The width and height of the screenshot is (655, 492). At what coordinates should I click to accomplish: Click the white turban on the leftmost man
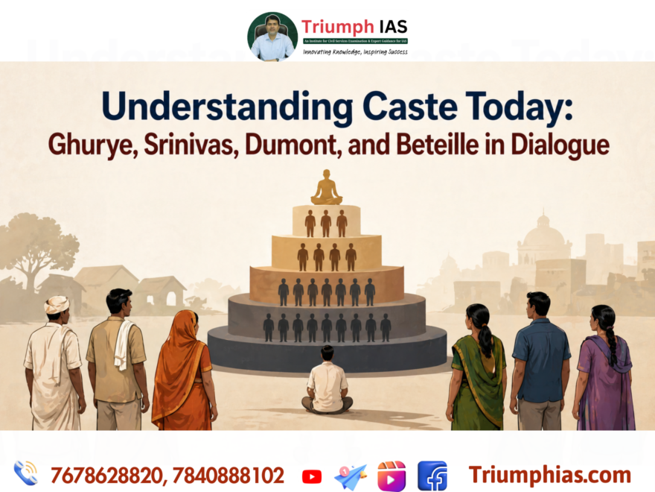(x=57, y=304)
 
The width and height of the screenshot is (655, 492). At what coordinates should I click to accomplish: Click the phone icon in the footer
(x=25, y=473)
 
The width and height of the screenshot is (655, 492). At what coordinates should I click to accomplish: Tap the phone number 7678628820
(x=105, y=475)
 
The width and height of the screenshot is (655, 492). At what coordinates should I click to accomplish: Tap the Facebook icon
(x=432, y=476)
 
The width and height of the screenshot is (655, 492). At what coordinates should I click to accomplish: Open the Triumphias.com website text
(x=549, y=475)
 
